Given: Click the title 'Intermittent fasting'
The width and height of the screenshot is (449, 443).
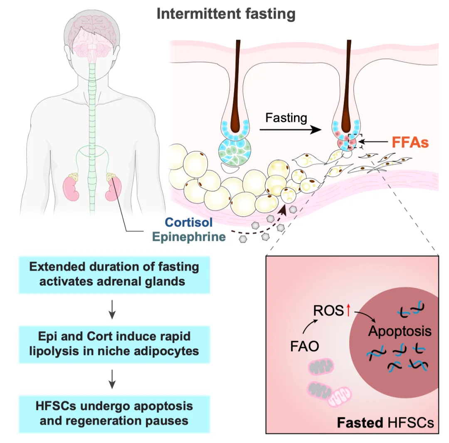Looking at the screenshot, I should click(226, 14).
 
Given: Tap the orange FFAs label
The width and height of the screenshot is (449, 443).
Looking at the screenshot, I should click(410, 143).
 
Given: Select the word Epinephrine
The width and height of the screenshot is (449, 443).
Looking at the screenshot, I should click(188, 237).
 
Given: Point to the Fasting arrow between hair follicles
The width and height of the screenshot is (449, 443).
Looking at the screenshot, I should click(290, 130).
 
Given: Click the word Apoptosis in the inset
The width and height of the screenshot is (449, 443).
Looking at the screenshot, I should click(400, 331).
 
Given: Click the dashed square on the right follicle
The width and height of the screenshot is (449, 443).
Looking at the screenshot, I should click(356, 142).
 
